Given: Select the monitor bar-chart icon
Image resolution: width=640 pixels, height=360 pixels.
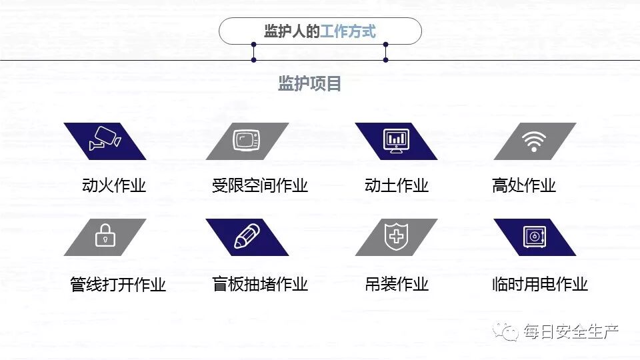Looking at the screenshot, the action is click(x=396, y=141).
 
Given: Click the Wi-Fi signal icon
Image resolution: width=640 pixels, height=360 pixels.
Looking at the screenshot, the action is click(x=533, y=141).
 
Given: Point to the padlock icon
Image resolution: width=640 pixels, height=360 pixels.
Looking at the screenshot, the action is click(x=105, y=237).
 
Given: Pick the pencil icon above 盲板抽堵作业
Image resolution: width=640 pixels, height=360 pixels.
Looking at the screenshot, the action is click(x=247, y=237).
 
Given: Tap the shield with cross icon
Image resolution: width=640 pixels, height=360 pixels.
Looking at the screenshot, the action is click(x=396, y=237).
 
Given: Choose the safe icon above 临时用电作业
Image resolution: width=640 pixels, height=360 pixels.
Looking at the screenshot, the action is click(x=535, y=237).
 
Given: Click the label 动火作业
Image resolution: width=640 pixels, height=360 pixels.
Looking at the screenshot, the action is click(x=114, y=185).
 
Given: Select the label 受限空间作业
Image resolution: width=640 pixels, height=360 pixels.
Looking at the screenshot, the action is click(x=260, y=185).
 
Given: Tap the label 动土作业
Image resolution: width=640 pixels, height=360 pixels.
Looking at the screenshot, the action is click(x=397, y=185).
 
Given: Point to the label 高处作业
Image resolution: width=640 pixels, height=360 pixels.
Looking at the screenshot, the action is click(x=523, y=185).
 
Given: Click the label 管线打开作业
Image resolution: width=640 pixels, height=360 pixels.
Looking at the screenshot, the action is click(x=118, y=285).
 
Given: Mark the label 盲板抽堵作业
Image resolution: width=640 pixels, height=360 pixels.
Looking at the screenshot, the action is click(x=260, y=285).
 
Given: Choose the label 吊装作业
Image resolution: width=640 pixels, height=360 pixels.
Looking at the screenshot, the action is click(x=397, y=285).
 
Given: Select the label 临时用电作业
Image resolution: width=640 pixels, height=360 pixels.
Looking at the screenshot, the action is click(x=540, y=285).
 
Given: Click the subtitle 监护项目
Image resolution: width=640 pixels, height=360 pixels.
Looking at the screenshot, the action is click(x=310, y=84).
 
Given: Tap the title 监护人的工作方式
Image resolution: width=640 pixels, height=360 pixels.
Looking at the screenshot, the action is click(x=320, y=31).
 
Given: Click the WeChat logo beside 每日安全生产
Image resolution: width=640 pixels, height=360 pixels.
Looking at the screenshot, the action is click(x=508, y=331).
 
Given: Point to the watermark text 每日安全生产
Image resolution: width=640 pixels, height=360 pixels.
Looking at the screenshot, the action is click(x=571, y=331).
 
